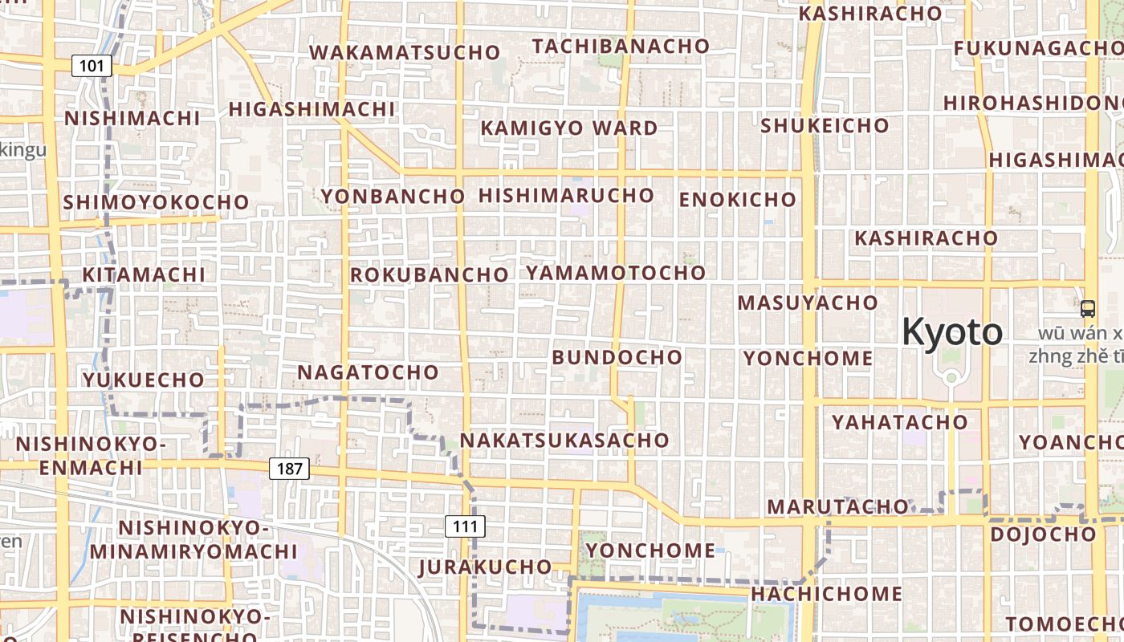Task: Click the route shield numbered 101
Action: (92, 66)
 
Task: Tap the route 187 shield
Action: (289, 469)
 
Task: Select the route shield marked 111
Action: (465, 527)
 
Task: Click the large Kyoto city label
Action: (952, 331)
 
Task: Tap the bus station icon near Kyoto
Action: (1088, 308)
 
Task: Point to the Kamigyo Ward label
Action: (569, 128)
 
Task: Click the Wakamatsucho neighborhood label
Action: (405, 53)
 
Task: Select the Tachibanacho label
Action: (621, 47)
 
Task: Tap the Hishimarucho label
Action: (567, 196)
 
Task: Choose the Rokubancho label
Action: (430, 275)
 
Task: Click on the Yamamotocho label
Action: (616, 273)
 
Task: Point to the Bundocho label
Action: (617, 357)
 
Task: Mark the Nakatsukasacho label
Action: (564, 441)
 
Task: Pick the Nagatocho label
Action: (369, 372)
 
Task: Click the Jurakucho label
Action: (486, 567)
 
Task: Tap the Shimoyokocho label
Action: (156, 202)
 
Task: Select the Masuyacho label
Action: (808, 303)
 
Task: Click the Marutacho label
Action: (837, 507)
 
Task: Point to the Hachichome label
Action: (827, 594)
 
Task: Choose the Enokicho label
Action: (738, 200)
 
